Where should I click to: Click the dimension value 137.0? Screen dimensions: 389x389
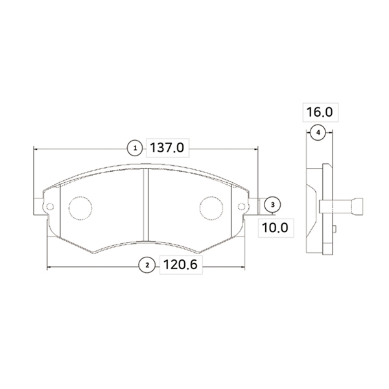click(x=167, y=148)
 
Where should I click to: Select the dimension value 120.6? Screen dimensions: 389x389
click(x=180, y=265)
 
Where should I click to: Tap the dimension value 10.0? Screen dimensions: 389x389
click(x=275, y=228)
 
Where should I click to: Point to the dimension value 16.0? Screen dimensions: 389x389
click(x=320, y=112)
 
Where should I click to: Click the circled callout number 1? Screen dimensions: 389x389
click(x=135, y=148)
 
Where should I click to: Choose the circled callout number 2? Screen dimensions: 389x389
click(x=147, y=265)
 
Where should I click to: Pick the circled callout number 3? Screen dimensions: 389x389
click(x=273, y=205)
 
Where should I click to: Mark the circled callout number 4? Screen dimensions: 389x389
click(x=318, y=133)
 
